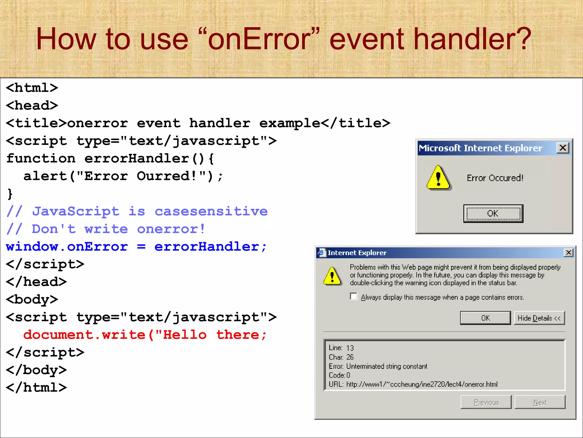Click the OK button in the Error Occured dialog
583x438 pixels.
coord(493,213)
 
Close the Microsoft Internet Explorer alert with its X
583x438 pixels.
coord(563,148)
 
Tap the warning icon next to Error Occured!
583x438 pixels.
coord(439,178)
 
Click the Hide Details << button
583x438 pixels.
coord(539,318)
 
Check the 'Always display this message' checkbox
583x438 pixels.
coord(354,297)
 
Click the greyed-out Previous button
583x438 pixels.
coord(486,402)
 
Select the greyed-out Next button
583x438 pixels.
coord(540,402)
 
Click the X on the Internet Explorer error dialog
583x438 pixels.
coord(568,253)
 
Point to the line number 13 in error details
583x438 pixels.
coord(350,348)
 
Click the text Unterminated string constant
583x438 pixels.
coord(387,366)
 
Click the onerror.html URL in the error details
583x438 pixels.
coord(422,384)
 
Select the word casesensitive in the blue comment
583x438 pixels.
coord(211,212)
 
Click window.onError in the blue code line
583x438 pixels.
coord(67,247)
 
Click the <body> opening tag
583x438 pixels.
coord(32,299)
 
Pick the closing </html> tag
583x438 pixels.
coord(36,388)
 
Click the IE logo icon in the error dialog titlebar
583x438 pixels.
coord(322,253)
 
